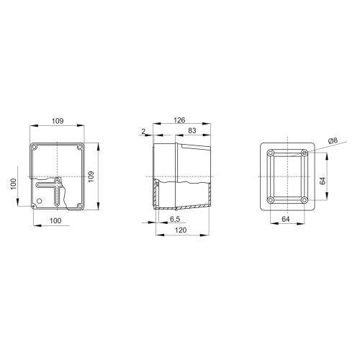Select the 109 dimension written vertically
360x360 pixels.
(x=91, y=176)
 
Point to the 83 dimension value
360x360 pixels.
(x=192, y=131)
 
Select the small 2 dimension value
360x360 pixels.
(x=144, y=131)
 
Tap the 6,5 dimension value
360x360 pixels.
(x=174, y=218)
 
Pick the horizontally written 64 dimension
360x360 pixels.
(x=286, y=218)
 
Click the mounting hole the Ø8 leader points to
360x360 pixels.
(x=305, y=153)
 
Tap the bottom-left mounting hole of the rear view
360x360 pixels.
(x=269, y=199)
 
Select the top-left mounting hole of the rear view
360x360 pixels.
(x=269, y=153)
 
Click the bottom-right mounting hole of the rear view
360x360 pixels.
(x=305, y=199)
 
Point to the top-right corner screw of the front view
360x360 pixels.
(x=80, y=148)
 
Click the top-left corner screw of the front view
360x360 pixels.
(x=34, y=148)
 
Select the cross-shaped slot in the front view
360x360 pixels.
(x=51, y=191)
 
